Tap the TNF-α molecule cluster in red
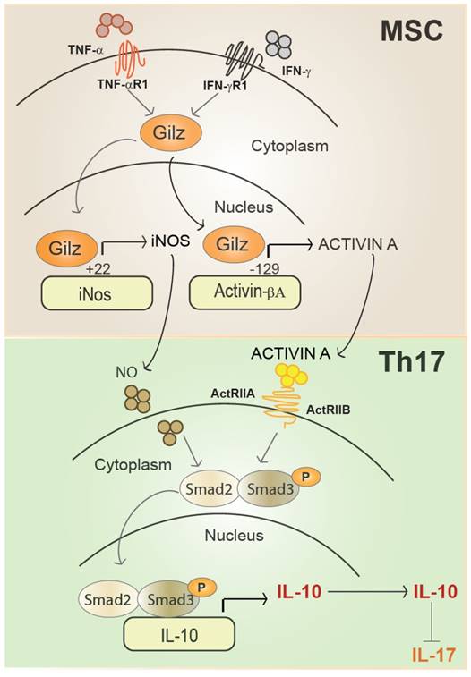pyautogui.click(x=115, y=24)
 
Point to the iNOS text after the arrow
pyautogui.click(x=169, y=241)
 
